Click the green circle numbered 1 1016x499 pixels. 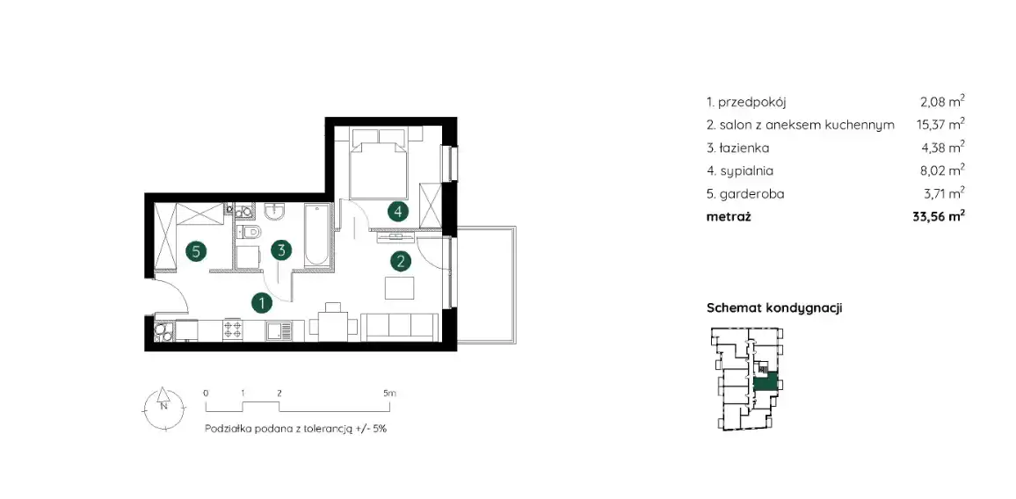coord(262,301)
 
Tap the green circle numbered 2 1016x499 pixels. coord(401,261)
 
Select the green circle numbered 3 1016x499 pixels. coord(281,250)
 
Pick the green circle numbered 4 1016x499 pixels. coord(398,211)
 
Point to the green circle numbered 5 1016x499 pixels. coord(196,250)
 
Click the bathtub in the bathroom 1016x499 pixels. coord(317,235)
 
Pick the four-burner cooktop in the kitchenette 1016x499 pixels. coord(233,330)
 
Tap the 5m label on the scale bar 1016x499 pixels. coord(388,394)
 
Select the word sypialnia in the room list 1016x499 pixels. coord(746,171)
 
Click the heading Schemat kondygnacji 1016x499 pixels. coord(773,308)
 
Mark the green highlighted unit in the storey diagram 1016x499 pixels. coord(766,382)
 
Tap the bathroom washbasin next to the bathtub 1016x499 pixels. coord(277,211)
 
